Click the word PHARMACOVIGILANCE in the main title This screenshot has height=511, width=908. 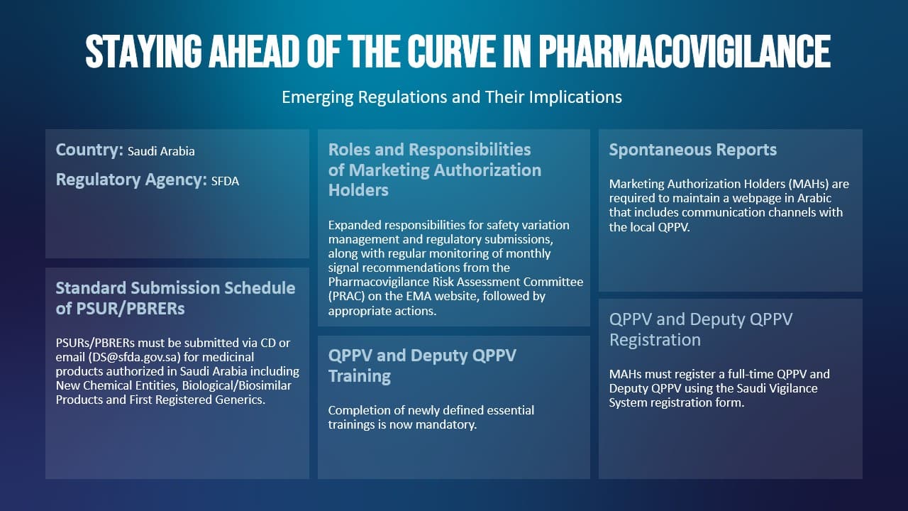(685, 52)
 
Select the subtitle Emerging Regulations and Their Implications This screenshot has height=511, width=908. (452, 97)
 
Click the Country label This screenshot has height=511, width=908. (89, 150)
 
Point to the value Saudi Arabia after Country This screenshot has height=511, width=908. (161, 151)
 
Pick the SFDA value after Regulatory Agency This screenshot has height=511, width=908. (225, 181)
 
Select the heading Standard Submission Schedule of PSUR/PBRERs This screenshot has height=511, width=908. (175, 298)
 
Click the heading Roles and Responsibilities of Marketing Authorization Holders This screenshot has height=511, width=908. (435, 170)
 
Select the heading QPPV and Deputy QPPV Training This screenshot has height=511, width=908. (422, 366)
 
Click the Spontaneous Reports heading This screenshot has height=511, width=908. (693, 150)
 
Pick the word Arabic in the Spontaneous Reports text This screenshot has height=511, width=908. (814, 198)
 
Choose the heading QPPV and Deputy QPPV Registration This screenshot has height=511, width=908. (700, 329)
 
